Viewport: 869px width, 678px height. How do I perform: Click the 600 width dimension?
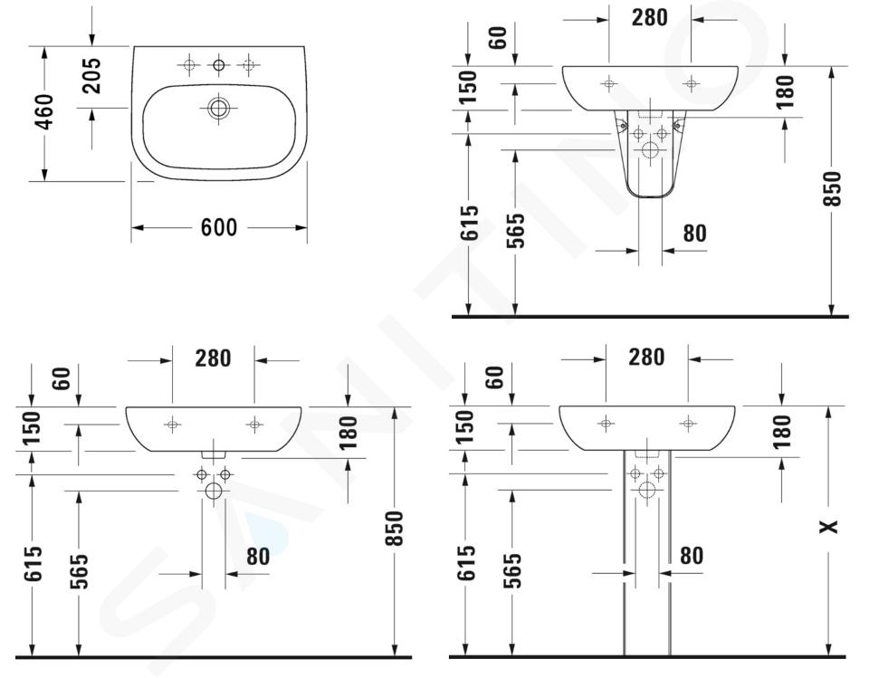tap(219, 227)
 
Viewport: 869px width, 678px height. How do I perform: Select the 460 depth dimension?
tap(44, 112)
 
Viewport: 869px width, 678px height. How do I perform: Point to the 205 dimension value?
tap(91, 75)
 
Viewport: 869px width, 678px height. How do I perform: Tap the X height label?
tap(829, 526)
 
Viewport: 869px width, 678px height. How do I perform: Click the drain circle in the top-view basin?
tap(219, 108)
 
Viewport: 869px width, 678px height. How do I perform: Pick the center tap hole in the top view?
tap(219, 65)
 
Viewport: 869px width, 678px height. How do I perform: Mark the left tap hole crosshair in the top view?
tap(189, 65)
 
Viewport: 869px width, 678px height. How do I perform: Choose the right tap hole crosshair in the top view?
tap(248, 65)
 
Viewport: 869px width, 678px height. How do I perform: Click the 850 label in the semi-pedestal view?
tap(833, 189)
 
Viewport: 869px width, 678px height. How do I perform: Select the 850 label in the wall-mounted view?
tap(394, 529)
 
